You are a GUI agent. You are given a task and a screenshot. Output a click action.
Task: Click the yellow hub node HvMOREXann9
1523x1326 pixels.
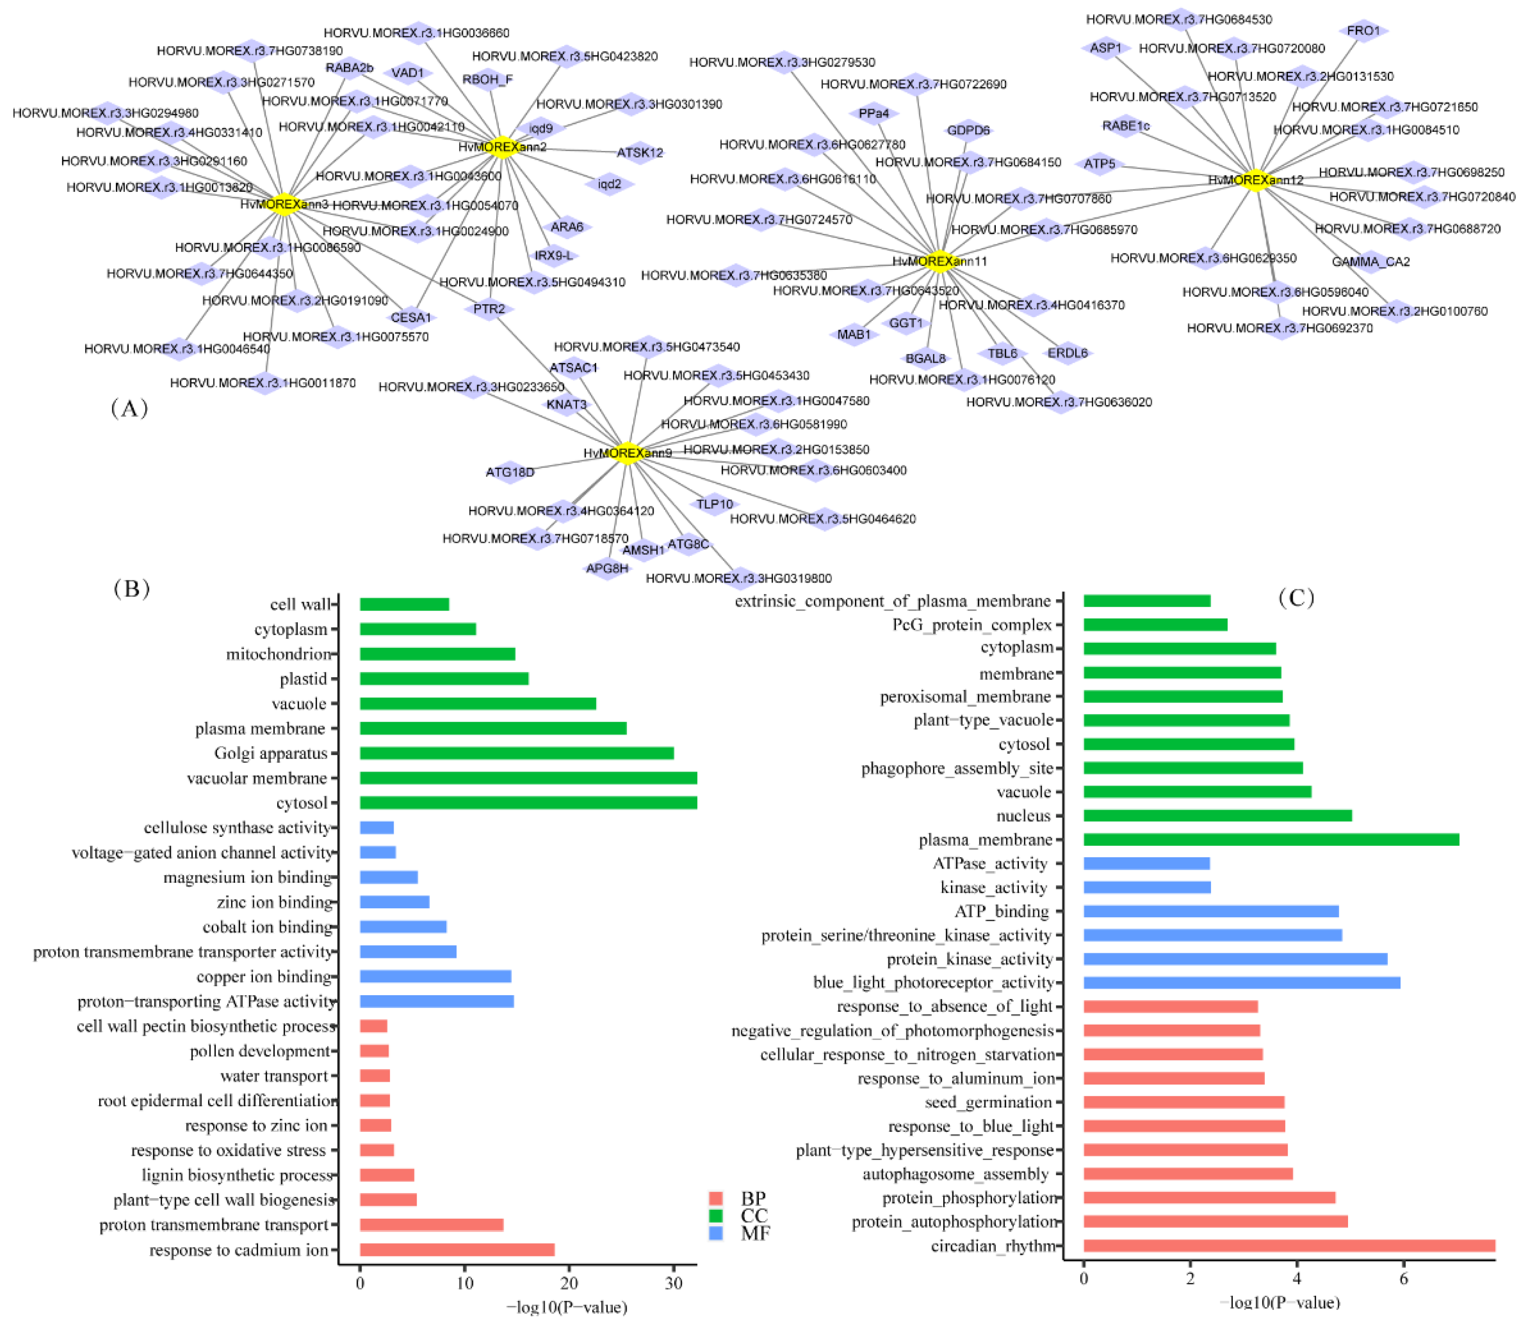pos(628,453)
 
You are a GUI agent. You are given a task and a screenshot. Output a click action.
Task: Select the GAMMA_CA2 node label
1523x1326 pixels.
pos(1370,261)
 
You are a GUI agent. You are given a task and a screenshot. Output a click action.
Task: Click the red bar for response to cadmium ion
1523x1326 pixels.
pos(457,1250)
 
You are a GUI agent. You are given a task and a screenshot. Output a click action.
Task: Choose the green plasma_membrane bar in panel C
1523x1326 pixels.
pos(1271,839)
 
